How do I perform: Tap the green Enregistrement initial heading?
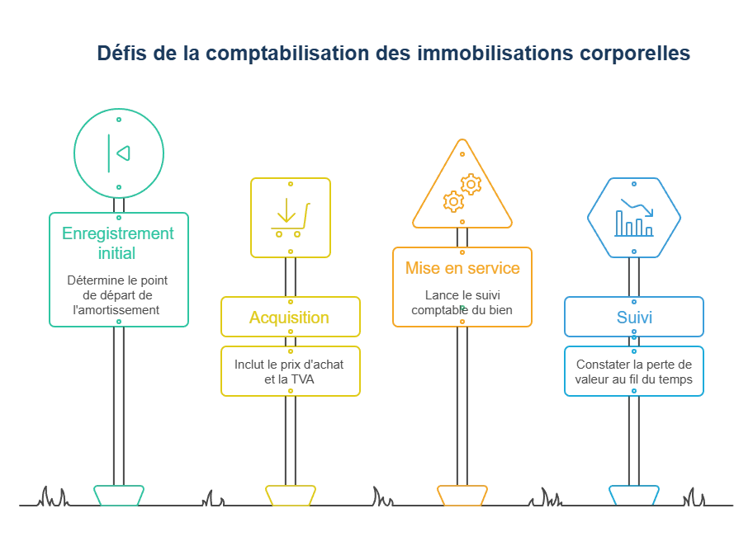point(117,243)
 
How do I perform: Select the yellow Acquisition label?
point(289,318)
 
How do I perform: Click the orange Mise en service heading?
point(462,268)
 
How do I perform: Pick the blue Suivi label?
point(634,318)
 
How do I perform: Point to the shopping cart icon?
point(291,219)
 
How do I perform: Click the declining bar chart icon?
point(634,218)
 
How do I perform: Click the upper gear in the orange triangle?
point(471,184)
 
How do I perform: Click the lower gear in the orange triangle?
point(453,201)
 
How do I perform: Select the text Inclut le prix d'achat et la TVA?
point(289,372)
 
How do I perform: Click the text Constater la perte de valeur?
point(634,372)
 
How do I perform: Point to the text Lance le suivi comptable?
point(462,302)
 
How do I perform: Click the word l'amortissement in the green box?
point(116,310)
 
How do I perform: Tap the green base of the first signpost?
point(119,495)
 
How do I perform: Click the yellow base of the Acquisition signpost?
point(291,495)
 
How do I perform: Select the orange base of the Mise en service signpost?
point(462,495)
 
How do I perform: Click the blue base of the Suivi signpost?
point(634,495)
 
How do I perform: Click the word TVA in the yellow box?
point(302,379)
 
